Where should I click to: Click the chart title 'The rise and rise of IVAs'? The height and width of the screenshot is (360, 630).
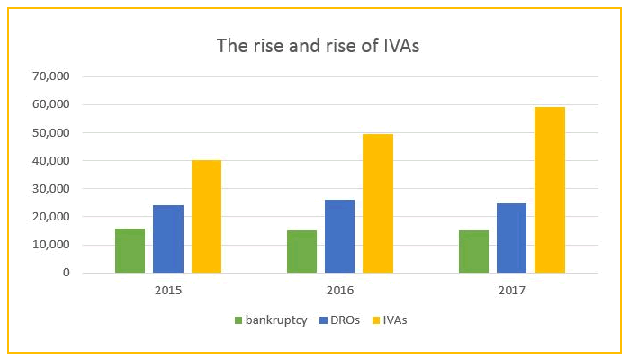pyautogui.click(x=318, y=45)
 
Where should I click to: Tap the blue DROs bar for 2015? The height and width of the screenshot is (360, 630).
pyautogui.click(x=168, y=238)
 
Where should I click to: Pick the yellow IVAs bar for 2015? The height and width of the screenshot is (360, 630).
pyautogui.click(x=206, y=216)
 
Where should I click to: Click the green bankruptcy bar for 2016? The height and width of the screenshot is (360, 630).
pyautogui.click(x=301, y=251)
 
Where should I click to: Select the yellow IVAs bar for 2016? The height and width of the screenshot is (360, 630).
pyautogui.click(x=378, y=203)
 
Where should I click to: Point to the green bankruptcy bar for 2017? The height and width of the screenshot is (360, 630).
pyautogui.click(x=473, y=251)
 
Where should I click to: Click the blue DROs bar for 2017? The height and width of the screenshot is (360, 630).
pyautogui.click(x=511, y=238)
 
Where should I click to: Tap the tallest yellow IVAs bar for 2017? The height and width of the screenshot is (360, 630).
pyautogui.click(x=550, y=190)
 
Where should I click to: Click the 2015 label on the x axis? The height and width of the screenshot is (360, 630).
pyautogui.click(x=167, y=291)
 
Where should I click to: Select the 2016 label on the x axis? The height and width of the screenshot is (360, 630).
pyautogui.click(x=339, y=291)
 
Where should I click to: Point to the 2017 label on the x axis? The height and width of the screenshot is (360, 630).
pyautogui.click(x=511, y=291)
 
